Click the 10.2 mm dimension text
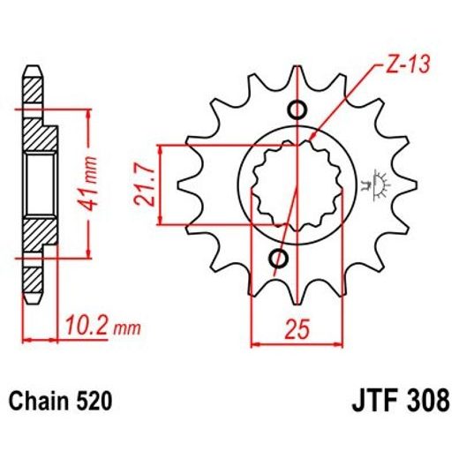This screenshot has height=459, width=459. tap(102, 328)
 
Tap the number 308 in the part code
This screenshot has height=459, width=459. tap(423, 403)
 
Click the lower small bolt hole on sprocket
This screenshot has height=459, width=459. tap(279, 259)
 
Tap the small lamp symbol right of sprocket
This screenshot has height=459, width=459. tap(381, 183)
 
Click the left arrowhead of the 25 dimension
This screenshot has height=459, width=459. tap(256, 340)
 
